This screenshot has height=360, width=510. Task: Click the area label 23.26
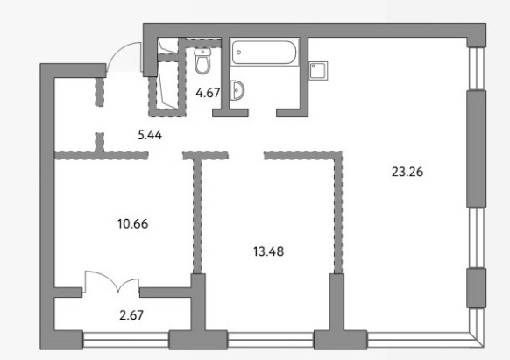pyautogui.click(x=407, y=172)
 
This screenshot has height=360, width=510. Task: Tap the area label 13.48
pyautogui.click(x=268, y=251)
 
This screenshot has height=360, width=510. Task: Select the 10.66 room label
pyautogui.click(x=132, y=223)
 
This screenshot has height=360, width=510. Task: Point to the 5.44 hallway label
pyautogui.click(x=150, y=135)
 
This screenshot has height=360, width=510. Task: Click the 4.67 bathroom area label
pyautogui.click(x=208, y=93)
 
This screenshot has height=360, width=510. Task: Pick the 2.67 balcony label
pyautogui.click(x=131, y=315)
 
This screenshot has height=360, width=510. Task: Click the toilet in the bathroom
pyautogui.click(x=203, y=60)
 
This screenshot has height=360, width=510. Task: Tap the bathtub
pyautogui.click(x=264, y=52)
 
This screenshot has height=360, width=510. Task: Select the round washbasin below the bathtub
pyautogui.click(x=237, y=89)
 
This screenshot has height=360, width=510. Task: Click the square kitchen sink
pyautogui.click(x=318, y=71)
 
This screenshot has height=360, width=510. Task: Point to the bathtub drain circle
pyautogui.click(x=239, y=53)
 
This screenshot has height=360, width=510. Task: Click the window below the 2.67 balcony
pyautogui.click(x=126, y=340)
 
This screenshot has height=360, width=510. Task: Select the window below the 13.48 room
pyautogui.click(x=271, y=340)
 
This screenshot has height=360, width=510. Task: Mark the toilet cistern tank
pyautogui.click(x=203, y=52)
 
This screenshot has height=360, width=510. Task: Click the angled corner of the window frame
pyautogui.click(x=478, y=340)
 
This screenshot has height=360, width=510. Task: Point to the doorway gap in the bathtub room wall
pyautogui.click(x=263, y=113)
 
